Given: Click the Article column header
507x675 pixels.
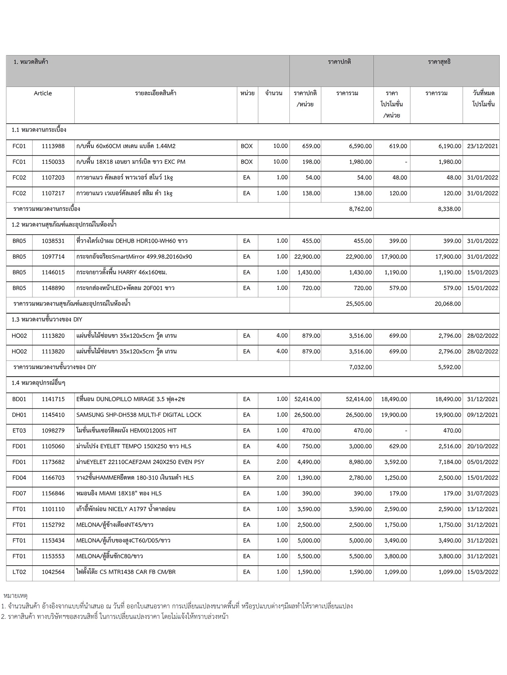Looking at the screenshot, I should pos(43,93).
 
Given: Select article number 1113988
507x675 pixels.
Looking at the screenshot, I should pos(53,146).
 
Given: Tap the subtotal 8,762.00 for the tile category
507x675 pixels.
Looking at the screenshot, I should pos(360,209).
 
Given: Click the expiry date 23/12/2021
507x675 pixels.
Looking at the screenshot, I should pos(482,146).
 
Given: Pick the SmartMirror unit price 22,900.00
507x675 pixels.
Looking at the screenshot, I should pos(307,257).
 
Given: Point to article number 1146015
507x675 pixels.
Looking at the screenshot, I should pos(53,273).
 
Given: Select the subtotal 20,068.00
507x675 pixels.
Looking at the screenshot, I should pos(448,304).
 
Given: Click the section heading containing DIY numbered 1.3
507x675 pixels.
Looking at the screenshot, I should pos(47,320).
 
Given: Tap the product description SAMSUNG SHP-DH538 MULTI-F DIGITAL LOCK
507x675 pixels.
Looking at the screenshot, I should pos(139,415).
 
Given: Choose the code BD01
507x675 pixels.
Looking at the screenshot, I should pos(19,399).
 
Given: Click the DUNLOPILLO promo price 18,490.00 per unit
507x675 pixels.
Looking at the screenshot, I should pos(394,399).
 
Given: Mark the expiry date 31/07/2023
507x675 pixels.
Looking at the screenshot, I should pos(482,493).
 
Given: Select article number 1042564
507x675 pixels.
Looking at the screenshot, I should pos(53,572).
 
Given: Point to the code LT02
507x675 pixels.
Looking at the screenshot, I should pos(19,572).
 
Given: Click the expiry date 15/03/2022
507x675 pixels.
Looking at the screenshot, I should pos(482,572).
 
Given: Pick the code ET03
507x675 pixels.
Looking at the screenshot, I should pos(19,430).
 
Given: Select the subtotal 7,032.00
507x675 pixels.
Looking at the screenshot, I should pos(360,367).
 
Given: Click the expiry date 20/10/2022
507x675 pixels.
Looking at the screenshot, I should pos(482,446).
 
